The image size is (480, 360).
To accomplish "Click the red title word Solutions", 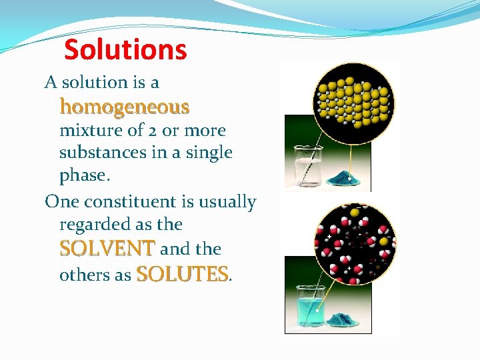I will pos(125,50).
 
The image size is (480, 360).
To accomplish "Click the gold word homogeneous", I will pos(125,107).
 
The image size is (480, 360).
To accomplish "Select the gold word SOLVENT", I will pos(107,249).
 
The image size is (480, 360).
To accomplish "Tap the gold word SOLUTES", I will pos(182,274).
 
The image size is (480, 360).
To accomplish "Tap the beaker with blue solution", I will pos(306,307).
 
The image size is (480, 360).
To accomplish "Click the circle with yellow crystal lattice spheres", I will pos(353,103).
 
